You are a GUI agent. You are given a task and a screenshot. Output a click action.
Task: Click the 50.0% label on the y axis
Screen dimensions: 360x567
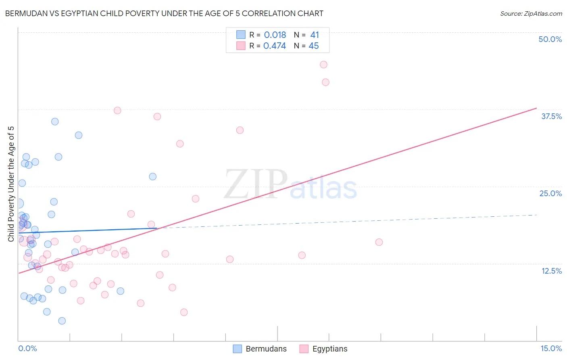point(550,39)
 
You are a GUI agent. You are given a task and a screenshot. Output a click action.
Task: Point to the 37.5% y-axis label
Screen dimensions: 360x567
point(551,116)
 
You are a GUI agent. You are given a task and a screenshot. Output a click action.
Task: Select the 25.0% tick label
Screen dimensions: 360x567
point(550,193)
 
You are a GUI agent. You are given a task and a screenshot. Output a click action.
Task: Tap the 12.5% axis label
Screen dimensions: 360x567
point(551,271)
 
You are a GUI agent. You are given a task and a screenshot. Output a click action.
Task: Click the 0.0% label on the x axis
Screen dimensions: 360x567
point(27,348)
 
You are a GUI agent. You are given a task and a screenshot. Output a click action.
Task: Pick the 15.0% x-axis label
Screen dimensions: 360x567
point(551,348)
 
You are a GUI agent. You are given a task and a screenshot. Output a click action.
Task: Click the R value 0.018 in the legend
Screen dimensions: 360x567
point(275,35)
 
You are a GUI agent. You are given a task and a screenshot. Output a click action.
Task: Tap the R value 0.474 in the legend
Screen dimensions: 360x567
point(274,46)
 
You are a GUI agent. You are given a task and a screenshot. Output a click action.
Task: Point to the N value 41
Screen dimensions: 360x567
point(315,35)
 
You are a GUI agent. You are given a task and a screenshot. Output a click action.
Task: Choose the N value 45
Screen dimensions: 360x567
point(313,46)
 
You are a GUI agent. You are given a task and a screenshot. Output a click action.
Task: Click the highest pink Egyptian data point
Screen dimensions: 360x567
point(323,65)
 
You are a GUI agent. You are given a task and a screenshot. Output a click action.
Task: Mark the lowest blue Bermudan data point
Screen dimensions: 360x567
point(62,321)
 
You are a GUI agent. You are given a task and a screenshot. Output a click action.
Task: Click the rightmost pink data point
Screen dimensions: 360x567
point(379,242)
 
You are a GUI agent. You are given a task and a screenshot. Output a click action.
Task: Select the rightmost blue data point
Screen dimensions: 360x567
point(153,176)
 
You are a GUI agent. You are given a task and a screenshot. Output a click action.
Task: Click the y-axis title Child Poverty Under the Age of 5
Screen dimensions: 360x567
point(11,184)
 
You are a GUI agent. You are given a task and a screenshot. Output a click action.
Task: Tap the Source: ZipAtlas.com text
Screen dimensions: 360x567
point(531,14)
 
